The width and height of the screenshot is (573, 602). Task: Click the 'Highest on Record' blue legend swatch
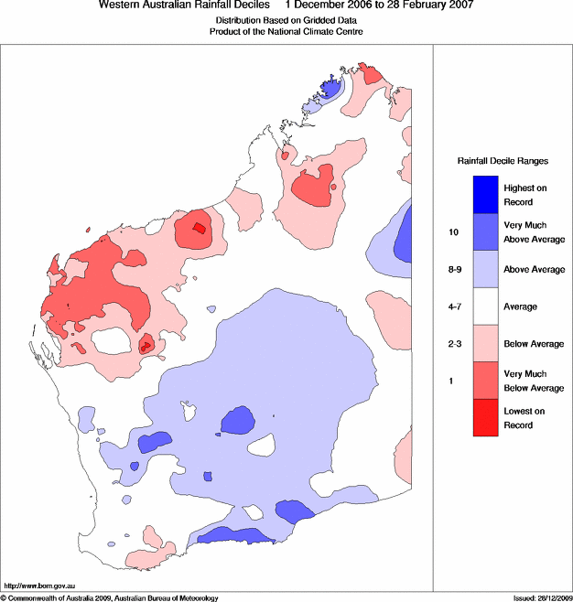(485, 195)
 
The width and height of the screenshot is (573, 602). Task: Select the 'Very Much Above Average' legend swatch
(485, 231)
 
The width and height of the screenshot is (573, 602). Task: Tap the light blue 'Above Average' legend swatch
(485, 269)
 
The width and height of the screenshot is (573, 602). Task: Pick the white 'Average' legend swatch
(485, 306)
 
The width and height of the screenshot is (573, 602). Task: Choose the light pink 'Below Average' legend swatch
(485, 344)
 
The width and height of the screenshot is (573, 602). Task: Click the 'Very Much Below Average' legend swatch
(485, 381)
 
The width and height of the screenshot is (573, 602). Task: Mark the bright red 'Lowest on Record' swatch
(485, 418)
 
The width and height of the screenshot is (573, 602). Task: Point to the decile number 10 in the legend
(454, 231)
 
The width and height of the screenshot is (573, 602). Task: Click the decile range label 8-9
(455, 270)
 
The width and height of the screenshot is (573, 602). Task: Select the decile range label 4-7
(455, 306)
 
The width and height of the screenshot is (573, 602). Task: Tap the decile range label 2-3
(455, 344)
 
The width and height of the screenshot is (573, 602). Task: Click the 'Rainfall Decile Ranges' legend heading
(503, 161)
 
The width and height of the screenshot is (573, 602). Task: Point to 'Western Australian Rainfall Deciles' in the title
(184, 5)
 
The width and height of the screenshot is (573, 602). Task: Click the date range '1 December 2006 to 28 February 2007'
(380, 5)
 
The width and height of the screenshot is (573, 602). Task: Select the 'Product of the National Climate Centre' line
(286, 31)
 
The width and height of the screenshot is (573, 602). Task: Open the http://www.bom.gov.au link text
(39, 586)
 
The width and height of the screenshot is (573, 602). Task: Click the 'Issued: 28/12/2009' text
(543, 598)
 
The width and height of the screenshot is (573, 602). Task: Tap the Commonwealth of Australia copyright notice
(110, 598)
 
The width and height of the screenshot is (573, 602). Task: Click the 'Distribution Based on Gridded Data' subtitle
(286, 20)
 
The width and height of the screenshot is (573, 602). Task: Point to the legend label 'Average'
(521, 306)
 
